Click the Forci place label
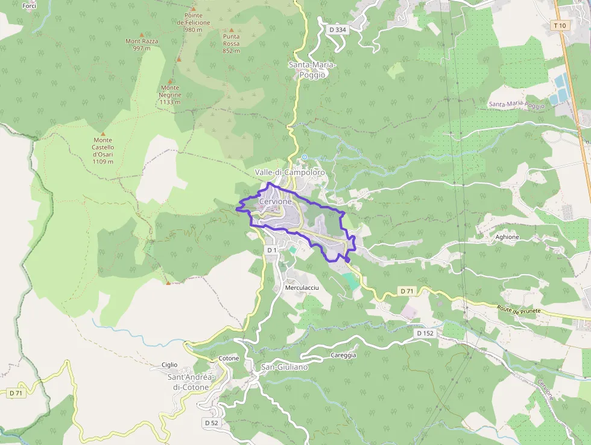pyautogui.click(x=28, y=6)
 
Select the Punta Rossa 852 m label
pyautogui.click(x=231, y=43)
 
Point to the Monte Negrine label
pyautogui.click(x=169, y=95)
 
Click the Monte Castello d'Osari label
pyautogui.click(x=103, y=150)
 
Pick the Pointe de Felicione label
pyautogui.click(x=194, y=22)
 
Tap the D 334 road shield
pyautogui.click(x=337, y=29)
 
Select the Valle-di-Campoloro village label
pyautogui.click(x=289, y=173)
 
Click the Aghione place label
pyautogui.click(x=507, y=237)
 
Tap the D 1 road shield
pyautogui.click(x=271, y=250)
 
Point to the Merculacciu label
pyautogui.click(x=301, y=288)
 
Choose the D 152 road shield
pyautogui.click(x=425, y=333)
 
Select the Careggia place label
pyautogui.click(x=343, y=355)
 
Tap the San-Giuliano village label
pyautogui.click(x=284, y=367)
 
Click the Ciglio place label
pyautogui.click(x=169, y=365)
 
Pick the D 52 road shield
pyautogui.click(x=211, y=423)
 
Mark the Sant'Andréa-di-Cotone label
pyautogui.click(x=188, y=382)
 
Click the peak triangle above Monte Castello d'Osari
pyautogui.click(x=103, y=133)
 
